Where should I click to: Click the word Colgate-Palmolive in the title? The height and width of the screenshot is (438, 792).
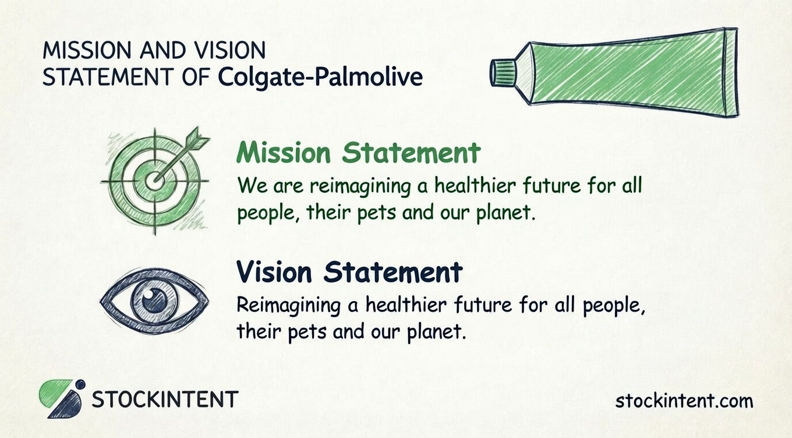click(321, 77)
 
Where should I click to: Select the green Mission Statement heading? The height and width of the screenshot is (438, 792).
click(358, 153)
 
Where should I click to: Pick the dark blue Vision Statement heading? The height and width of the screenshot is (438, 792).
click(349, 271)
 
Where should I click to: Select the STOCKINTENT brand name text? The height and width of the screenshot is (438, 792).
click(165, 400)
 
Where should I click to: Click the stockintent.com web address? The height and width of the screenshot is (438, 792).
click(684, 401)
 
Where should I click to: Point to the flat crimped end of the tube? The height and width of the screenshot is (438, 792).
click(730, 71)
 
